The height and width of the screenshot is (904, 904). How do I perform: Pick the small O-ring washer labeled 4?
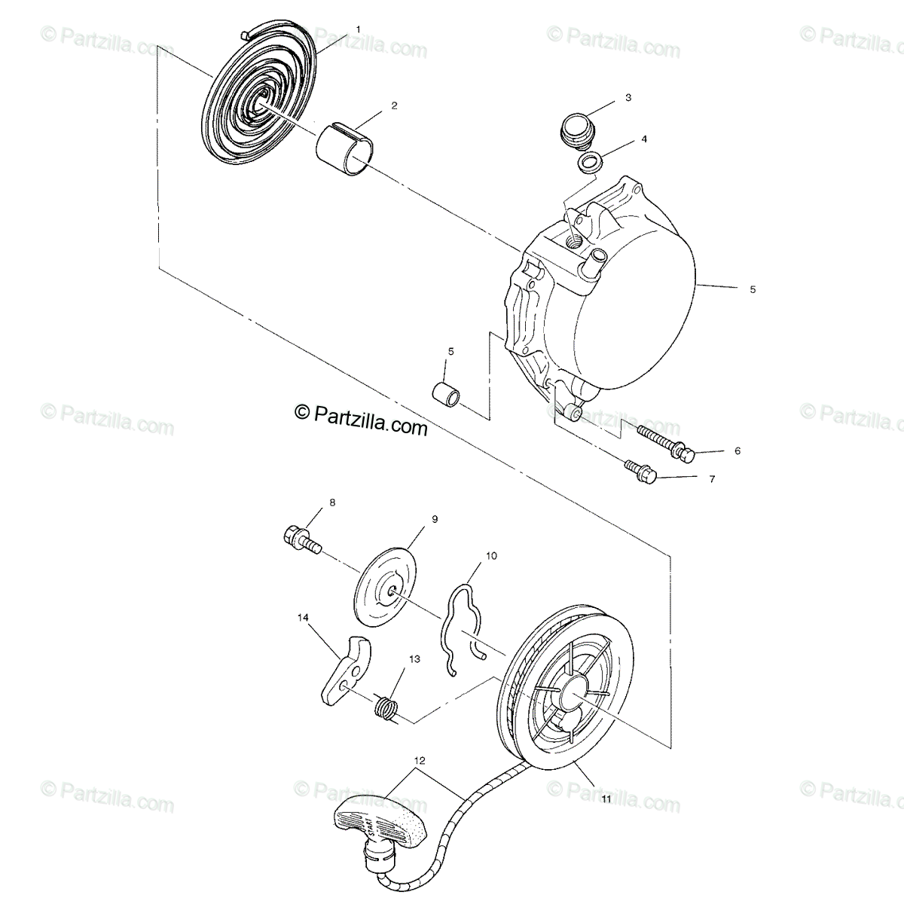click(x=590, y=160)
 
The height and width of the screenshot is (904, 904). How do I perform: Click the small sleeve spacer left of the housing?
click(x=444, y=394)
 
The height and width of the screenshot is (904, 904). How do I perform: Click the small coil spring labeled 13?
click(x=386, y=709)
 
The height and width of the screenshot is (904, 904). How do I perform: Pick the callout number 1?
click(x=358, y=29)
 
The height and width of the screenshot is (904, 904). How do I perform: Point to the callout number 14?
click(x=303, y=617)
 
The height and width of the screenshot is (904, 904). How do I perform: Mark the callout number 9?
click(x=434, y=519)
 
